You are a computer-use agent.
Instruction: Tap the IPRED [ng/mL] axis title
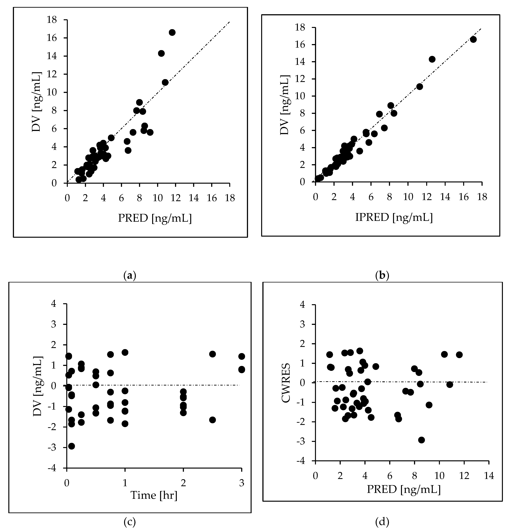click(x=394, y=217)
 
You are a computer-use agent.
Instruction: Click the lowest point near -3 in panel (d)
click(x=421, y=440)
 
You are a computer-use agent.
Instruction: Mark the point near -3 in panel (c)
click(x=71, y=446)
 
